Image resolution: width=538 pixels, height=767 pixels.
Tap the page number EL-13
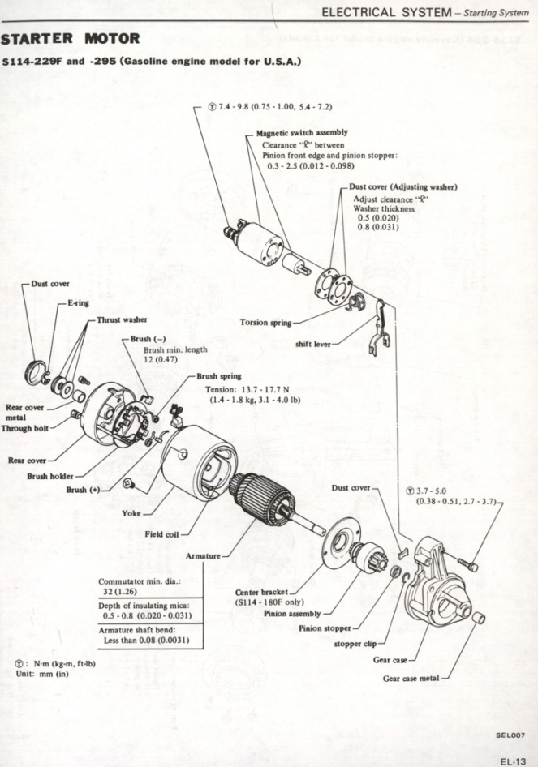513,761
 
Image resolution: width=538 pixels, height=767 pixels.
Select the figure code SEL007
510,735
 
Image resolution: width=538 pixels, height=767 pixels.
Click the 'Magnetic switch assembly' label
302,132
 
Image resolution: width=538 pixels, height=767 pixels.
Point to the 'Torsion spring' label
265,322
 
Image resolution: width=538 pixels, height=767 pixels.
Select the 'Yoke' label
131,513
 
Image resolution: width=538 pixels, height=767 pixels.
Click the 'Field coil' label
162,534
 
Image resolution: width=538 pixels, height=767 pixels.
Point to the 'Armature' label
202,556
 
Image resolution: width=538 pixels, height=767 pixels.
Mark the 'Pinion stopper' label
325,628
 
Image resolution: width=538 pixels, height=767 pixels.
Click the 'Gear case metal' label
411,679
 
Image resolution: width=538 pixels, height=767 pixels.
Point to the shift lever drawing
378,329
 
